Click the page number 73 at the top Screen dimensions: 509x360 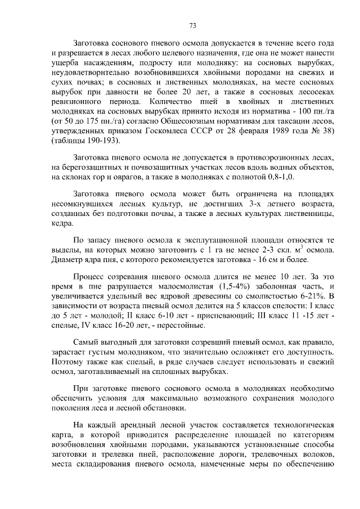[192, 26]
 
